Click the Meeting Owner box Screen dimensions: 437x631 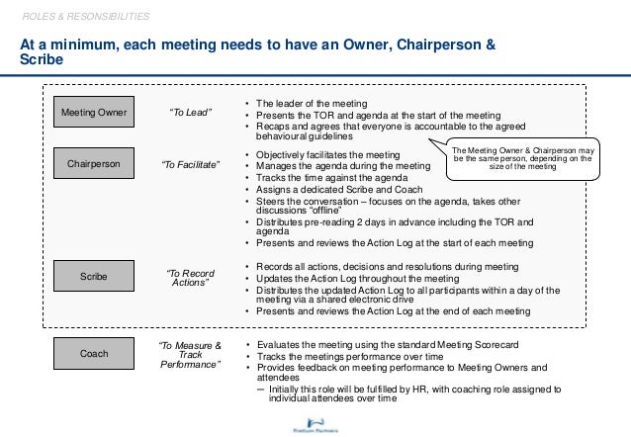click(93, 113)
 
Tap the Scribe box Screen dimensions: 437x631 click(93, 277)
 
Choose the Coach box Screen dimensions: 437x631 click(93, 351)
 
